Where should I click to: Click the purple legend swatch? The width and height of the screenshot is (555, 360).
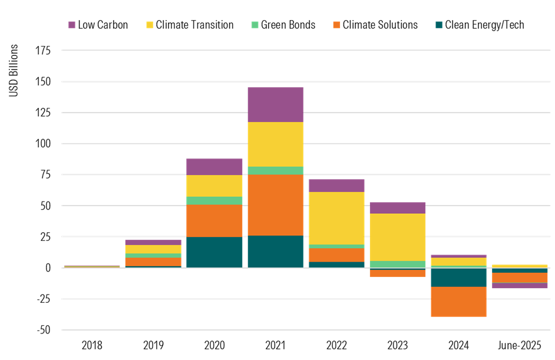(x=72, y=25)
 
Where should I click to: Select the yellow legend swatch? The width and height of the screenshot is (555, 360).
(x=150, y=25)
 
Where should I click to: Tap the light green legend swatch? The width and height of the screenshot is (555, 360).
(x=255, y=25)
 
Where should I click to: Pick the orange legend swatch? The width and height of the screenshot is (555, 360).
(x=336, y=25)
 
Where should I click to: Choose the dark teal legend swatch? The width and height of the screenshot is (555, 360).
(x=439, y=25)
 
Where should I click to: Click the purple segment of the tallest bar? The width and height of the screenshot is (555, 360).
(x=275, y=104)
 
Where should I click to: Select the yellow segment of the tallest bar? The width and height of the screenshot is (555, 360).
(x=275, y=144)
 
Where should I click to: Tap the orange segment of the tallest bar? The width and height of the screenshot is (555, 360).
(x=275, y=204)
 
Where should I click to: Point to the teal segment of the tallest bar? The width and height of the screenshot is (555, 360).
(x=275, y=251)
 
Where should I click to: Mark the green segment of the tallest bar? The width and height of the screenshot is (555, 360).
(x=275, y=170)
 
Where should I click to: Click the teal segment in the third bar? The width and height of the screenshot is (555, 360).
(x=214, y=252)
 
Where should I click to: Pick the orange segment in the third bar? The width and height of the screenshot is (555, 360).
(x=214, y=220)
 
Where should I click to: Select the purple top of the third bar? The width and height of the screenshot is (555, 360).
(x=214, y=166)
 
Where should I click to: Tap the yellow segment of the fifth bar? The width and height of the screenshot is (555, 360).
(x=336, y=217)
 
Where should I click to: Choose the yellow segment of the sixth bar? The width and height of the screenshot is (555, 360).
(x=398, y=237)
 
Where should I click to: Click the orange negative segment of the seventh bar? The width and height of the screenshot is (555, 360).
(x=458, y=302)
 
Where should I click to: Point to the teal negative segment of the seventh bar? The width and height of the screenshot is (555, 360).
(x=458, y=278)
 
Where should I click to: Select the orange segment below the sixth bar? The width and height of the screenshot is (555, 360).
(x=398, y=273)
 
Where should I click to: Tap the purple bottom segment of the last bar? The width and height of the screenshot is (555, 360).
(x=520, y=286)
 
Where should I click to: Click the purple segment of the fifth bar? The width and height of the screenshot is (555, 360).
(x=336, y=185)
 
